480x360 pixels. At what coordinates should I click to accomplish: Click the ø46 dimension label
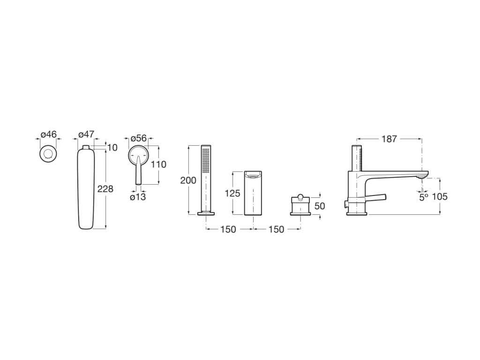[48, 135]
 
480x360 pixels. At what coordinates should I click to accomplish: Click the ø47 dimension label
[86, 135]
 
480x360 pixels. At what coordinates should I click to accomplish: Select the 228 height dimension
[105, 189]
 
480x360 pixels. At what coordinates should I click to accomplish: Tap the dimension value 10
[112, 148]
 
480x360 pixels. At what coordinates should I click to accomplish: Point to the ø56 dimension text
[138, 138]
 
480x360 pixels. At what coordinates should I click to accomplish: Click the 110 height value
[158, 165]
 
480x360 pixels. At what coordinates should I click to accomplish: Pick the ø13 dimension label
[138, 197]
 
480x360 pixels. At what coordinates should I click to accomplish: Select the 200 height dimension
[188, 180]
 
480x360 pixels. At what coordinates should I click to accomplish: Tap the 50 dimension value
[320, 206]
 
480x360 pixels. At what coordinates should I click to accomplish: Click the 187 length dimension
[389, 139]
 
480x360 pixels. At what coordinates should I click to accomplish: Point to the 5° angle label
[423, 197]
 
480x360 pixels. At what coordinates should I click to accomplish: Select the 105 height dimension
[439, 197]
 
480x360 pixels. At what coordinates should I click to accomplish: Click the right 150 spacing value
[277, 229]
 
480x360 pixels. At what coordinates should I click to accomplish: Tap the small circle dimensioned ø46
[48, 154]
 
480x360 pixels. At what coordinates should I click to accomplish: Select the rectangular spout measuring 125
[253, 193]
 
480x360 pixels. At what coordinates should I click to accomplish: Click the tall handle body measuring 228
[86, 187]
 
